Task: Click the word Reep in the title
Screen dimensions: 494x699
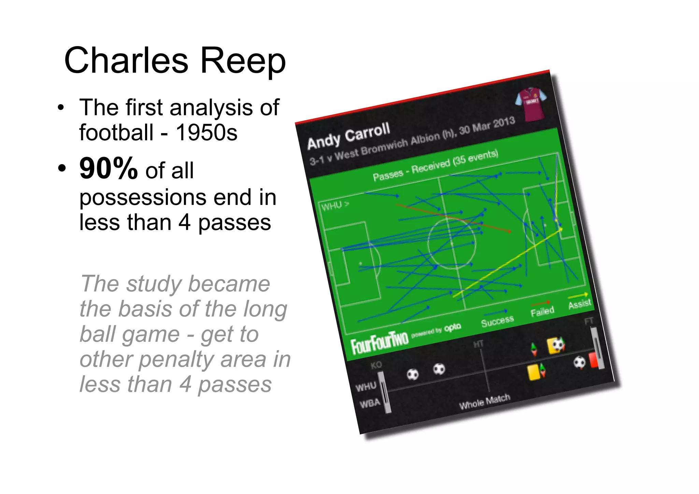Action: click(243, 61)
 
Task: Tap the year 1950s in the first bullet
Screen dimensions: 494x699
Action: click(206, 132)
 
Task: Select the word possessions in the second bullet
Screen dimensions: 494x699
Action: click(138, 198)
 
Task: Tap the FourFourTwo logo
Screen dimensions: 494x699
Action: click(380, 342)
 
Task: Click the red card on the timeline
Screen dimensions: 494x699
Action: click(593, 361)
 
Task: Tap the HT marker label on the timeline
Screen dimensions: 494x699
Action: click(479, 344)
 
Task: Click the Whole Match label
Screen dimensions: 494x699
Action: click(484, 401)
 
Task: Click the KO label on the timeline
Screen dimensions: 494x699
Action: click(376, 365)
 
